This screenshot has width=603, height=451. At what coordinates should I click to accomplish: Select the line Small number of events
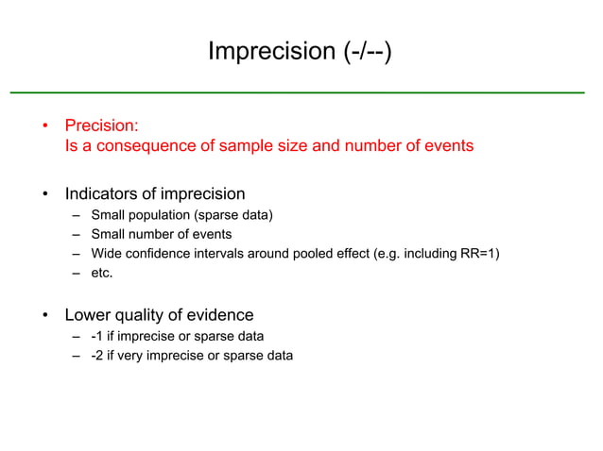(161, 234)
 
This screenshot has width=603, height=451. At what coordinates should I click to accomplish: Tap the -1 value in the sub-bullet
(97, 336)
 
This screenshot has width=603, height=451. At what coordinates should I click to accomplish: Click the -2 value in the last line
(97, 355)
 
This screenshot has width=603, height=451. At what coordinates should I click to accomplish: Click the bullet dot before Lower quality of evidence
(45, 316)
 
